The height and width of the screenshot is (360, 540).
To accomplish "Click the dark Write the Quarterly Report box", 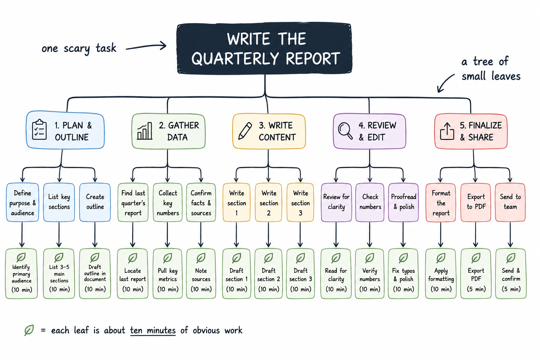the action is point(264,49).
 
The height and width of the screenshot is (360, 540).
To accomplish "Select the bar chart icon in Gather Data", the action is point(144,131).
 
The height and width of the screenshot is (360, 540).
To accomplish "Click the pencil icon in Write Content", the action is point(245,131).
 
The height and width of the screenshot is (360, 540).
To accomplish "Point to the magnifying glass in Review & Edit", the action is point(345,131).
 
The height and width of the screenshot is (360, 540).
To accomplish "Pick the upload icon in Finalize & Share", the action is point(447,131).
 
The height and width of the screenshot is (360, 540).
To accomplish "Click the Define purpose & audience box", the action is point(22,202).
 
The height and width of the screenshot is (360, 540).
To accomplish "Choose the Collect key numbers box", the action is point(168,202).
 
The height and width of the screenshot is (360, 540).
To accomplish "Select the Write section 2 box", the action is point(269,202).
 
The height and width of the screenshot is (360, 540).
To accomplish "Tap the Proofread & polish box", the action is point(404,202).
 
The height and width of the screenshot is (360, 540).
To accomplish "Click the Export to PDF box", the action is point(476,202).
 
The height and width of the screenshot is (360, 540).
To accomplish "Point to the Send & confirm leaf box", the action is point(511,274).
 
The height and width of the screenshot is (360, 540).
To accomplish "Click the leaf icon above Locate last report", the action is point(133,258).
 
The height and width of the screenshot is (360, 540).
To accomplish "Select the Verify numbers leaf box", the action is point(369,274).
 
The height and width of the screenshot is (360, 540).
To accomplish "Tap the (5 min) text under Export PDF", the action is point(476,289).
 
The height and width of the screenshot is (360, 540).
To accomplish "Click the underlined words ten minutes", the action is point(153,330).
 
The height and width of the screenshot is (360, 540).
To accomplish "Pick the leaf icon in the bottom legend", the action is point(29,330).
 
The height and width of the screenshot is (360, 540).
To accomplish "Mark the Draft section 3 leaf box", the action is point(300,274).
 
